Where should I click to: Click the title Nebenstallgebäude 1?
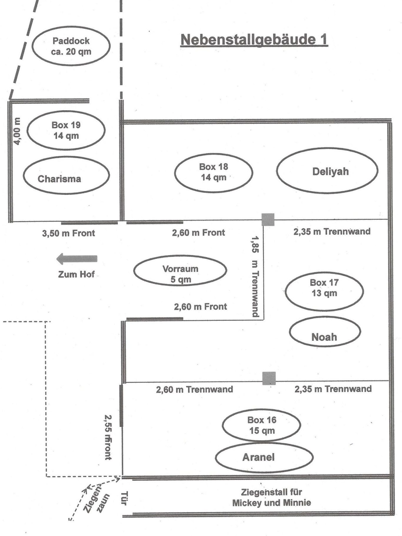pos(254,40)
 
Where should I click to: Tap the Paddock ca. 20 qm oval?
pos(71,46)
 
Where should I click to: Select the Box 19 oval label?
pos(66,130)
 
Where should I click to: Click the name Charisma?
pos(59,179)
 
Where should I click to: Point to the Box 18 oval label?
pos(214,172)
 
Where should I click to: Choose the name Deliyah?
pos(330,171)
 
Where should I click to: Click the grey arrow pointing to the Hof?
pos(77,259)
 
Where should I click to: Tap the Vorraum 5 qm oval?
pos(180,274)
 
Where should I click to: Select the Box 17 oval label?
pos(324,288)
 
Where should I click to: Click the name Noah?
pos(324,337)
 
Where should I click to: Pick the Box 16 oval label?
pos(262,425)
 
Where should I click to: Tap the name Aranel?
pos(258,457)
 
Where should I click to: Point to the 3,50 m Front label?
pos(68,233)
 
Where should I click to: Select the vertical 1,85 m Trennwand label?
pos(255,276)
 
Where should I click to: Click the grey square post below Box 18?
pos(268,220)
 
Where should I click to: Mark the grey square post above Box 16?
pos(269,378)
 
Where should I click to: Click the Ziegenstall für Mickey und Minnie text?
pos(271,497)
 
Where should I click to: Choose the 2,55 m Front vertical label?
pos(108,437)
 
